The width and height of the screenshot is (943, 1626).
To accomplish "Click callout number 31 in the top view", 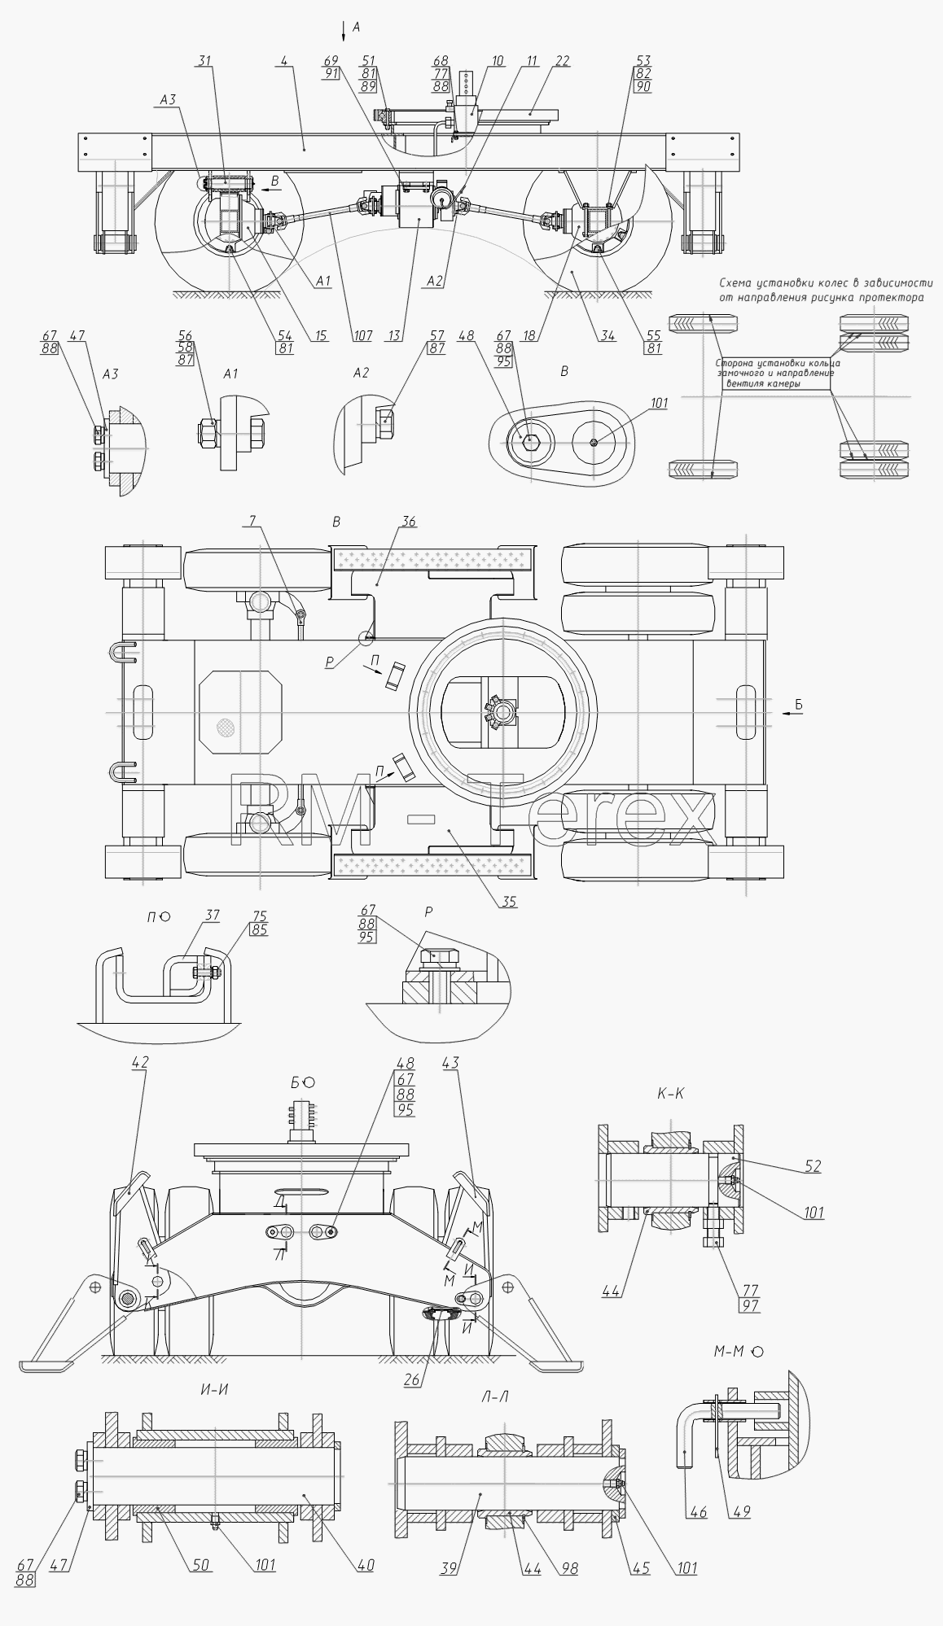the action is [204, 61].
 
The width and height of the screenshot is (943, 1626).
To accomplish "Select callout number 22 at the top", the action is [563, 61].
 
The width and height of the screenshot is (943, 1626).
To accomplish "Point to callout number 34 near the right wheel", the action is [606, 335].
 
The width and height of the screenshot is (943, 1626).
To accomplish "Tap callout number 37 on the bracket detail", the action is [212, 916].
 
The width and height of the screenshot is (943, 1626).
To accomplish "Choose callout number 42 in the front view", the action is [140, 1062].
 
